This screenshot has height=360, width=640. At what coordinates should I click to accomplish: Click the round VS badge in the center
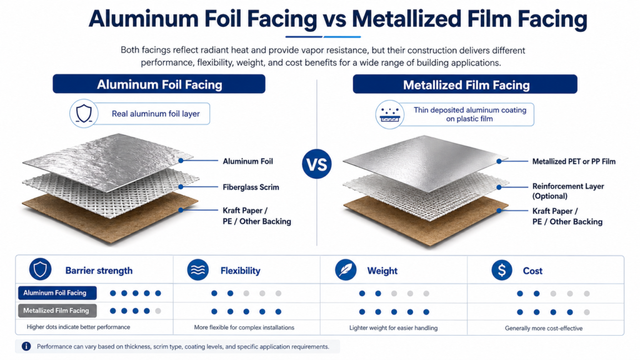click(x=317, y=164)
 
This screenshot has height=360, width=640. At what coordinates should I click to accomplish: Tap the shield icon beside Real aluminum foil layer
click(x=84, y=114)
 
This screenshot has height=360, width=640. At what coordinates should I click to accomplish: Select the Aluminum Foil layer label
click(x=247, y=161)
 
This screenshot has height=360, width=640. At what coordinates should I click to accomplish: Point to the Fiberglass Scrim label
click(x=251, y=187)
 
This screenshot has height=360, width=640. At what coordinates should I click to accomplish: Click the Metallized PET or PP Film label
click(x=574, y=162)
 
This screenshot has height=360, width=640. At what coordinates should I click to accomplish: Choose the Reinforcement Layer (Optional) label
click(x=567, y=191)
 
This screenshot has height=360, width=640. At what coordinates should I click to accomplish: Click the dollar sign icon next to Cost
click(x=502, y=270)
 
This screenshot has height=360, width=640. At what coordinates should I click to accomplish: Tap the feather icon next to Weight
click(x=345, y=270)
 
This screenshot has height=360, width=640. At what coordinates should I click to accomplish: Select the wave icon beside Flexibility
click(x=198, y=270)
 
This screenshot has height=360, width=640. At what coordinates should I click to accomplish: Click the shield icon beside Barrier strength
click(x=40, y=269)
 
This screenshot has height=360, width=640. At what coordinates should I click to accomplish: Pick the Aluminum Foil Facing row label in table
click(x=57, y=292)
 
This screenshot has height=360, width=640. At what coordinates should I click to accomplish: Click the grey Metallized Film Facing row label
click(x=57, y=311)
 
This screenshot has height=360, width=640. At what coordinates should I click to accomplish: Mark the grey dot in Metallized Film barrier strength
click(x=158, y=311)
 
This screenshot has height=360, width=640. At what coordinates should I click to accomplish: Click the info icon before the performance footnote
click(x=26, y=346)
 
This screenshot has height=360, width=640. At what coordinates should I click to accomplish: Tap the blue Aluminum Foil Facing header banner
click(x=159, y=84)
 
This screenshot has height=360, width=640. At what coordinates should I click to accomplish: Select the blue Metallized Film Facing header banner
click(x=465, y=84)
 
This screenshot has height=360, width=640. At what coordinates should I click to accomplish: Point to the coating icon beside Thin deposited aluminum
click(x=390, y=115)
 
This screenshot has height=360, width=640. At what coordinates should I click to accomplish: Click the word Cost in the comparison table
click(x=532, y=271)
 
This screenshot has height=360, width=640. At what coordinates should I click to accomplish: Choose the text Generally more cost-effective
click(x=544, y=328)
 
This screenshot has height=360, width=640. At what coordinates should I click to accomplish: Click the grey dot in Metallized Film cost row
click(x=586, y=312)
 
